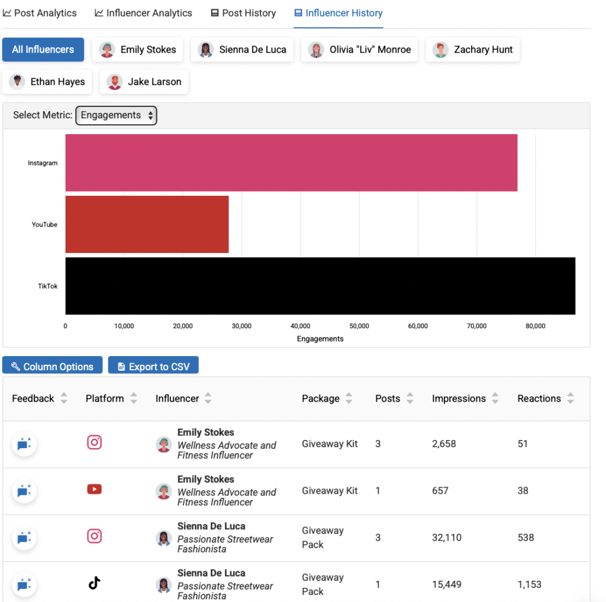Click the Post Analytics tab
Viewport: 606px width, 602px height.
40,13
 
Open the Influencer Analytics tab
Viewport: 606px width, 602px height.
143,13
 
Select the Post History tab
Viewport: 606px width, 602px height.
243,13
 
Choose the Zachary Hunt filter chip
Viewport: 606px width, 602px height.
473,50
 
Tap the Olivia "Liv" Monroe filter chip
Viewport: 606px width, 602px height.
361,50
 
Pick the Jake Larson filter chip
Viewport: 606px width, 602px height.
144,82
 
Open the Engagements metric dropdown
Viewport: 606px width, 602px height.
116,115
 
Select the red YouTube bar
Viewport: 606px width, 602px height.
147,224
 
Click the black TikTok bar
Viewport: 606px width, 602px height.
320,286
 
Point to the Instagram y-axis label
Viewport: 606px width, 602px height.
43,163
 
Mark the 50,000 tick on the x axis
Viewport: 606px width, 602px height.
359,326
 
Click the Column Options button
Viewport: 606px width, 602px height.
52,367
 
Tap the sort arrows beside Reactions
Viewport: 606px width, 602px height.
570,399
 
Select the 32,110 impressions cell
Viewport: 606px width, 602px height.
447,538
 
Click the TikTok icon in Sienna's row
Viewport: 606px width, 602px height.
94,584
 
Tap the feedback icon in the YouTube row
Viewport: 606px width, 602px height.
24,491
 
